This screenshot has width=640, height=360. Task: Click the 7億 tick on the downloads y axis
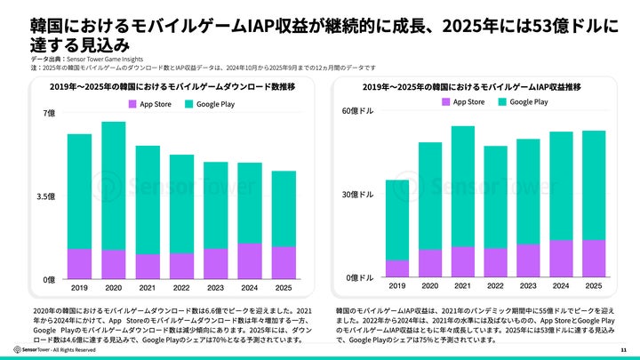click(49, 113)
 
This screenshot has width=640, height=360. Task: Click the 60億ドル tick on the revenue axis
click(357, 111)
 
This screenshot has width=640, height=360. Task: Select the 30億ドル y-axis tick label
click(357, 195)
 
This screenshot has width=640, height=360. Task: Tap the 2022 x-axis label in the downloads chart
click(181, 288)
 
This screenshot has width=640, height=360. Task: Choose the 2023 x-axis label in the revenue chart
click(528, 286)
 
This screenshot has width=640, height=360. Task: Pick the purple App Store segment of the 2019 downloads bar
click(80, 264)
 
